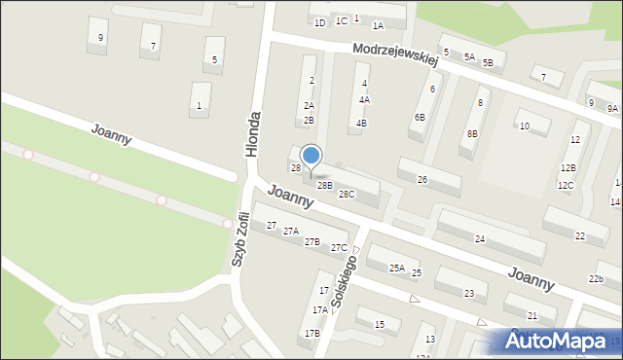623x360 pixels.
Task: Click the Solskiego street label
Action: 344,282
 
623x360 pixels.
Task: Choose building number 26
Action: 422,180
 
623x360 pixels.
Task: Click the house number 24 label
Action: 480,238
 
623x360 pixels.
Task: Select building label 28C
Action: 347,195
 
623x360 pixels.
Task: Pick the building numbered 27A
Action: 290,232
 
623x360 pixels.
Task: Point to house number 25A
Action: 397,268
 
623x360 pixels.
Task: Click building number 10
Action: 524,126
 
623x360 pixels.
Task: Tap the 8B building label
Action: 472,133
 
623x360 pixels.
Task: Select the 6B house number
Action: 420,117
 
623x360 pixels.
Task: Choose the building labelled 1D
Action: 319,21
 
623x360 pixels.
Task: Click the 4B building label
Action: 361,124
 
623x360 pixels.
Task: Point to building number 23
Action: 469,294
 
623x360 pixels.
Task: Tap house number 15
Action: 380,324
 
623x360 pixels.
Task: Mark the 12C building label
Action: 566,185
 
